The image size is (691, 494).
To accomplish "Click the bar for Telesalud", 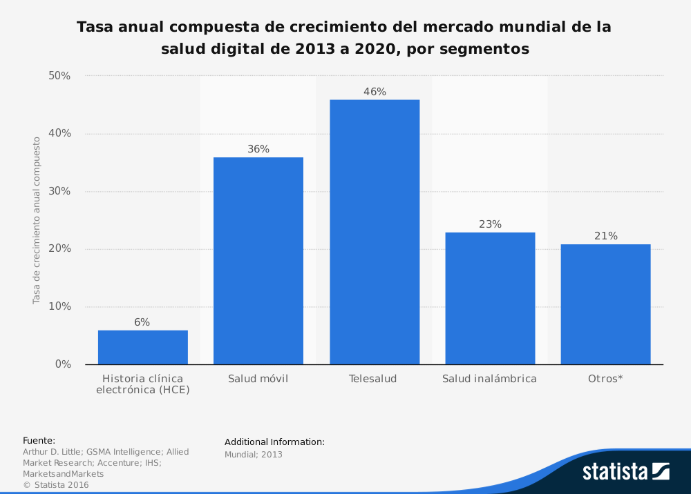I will [374, 232].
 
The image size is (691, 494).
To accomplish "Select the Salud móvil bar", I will [258, 261].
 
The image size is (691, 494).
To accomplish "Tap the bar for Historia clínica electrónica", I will [142, 347].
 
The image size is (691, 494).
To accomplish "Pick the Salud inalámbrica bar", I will [490, 298].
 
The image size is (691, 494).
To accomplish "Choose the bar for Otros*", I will [605, 304].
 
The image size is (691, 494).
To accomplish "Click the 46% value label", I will [375, 92].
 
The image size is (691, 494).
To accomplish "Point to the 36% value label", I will [258, 149].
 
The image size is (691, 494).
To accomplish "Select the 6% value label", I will [142, 322].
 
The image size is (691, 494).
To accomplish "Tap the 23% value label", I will [490, 224].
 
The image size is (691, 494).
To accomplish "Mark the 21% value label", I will [605, 236].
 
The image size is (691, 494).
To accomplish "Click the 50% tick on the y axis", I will [59, 76].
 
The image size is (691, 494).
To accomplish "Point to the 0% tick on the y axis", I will [63, 364].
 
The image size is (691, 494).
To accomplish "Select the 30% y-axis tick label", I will [59, 191].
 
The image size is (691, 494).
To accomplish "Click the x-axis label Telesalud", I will [373, 379].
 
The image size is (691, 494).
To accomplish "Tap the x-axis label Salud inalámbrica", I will [489, 379].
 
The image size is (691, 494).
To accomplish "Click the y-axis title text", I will [36, 220].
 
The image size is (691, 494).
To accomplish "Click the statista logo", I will [625, 471].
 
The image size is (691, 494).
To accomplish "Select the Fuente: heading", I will [39, 440].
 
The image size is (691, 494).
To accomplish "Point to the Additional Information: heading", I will [274, 442].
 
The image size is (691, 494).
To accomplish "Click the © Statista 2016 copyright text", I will [56, 485].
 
